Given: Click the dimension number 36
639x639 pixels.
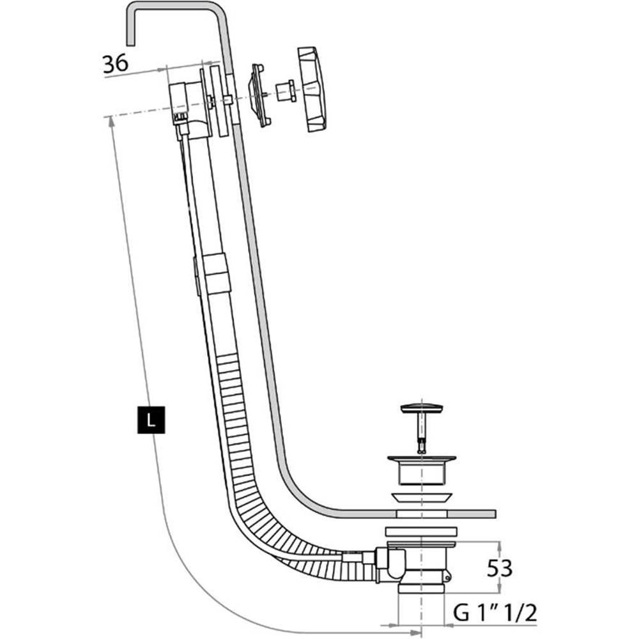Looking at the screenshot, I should (x=116, y=63).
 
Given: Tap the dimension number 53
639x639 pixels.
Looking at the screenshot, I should (x=500, y=567).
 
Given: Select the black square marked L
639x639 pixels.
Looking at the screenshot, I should (x=150, y=419).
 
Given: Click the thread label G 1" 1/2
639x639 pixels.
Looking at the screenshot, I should (x=495, y=613).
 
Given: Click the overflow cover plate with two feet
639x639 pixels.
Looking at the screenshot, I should (x=259, y=94).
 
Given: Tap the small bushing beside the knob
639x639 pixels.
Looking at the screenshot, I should (x=284, y=91).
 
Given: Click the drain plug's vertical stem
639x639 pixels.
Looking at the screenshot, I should (x=422, y=431).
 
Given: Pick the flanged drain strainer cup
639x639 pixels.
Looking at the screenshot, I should (x=421, y=469).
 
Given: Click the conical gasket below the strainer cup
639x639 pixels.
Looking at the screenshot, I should (x=421, y=497).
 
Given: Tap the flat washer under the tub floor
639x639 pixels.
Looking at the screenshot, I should (x=421, y=530).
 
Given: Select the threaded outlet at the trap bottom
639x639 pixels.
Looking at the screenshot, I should (x=420, y=585).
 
